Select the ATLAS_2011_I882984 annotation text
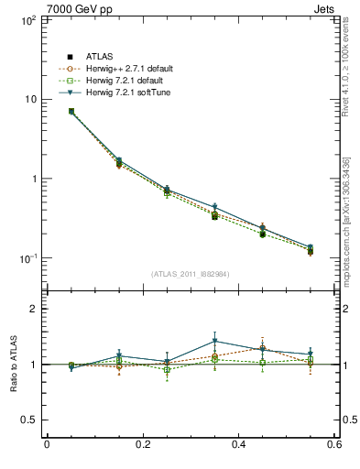pos(190,273)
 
